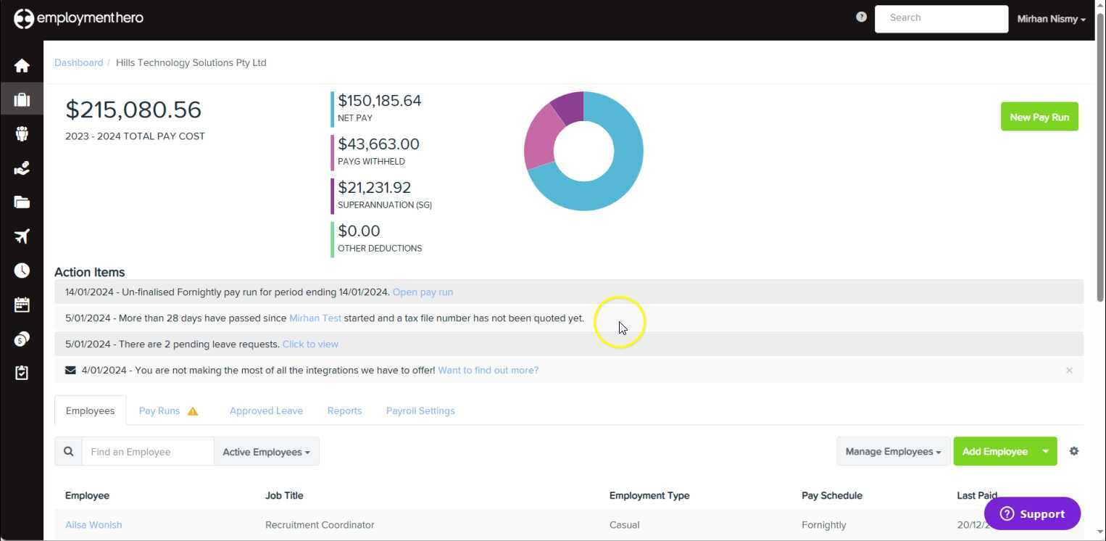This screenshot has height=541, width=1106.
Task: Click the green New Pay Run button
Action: tap(1039, 117)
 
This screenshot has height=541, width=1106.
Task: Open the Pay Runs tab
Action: tap(159, 410)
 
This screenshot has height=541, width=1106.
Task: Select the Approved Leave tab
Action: tap(266, 410)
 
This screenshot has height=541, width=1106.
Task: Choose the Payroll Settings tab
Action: tap(420, 410)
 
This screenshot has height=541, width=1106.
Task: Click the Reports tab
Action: tap(344, 410)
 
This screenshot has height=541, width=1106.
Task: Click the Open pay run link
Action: tap(423, 292)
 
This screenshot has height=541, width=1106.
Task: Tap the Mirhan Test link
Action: tap(315, 318)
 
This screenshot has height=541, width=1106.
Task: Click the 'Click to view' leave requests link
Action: tap(310, 344)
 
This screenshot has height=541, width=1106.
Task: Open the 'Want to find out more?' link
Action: tap(488, 371)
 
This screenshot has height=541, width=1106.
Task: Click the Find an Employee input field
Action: tap(148, 452)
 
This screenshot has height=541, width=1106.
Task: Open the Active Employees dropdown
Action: tap(266, 452)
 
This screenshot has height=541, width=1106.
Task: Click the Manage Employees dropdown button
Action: tap(893, 452)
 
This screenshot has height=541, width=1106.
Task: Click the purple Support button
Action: tap(1032, 513)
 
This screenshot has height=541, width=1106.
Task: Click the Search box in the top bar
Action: tap(941, 19)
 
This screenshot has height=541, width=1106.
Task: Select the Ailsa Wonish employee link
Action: tap(93, 525)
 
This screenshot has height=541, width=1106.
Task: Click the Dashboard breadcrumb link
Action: tap(78, 63)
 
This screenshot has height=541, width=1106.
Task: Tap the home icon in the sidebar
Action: tap(22, 66)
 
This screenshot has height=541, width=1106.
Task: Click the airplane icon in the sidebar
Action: tap(22, 236)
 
